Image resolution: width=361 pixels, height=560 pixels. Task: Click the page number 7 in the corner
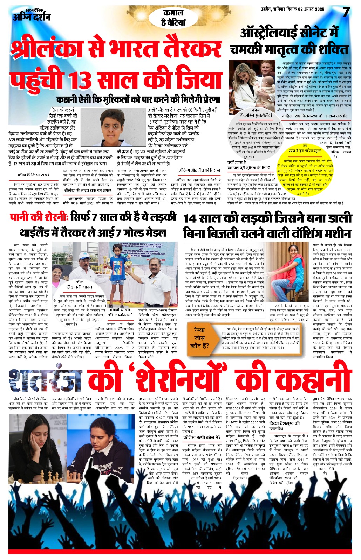pyautogui.click(x=346, y=13)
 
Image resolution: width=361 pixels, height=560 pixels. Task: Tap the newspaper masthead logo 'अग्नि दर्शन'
pyautogui.click(x=32, y=16)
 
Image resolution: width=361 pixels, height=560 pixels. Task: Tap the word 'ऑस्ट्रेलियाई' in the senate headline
pyautogui.click(x=270, y=33)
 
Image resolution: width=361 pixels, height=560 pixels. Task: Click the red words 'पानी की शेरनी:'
pyautogui.click(x=39, y=217)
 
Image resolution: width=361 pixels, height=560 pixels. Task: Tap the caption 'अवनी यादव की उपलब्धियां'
pyautogui.click(x=122, y=312)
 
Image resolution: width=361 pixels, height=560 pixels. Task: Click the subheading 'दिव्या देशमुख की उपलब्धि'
pyautogui.click(x=284, y=426)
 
